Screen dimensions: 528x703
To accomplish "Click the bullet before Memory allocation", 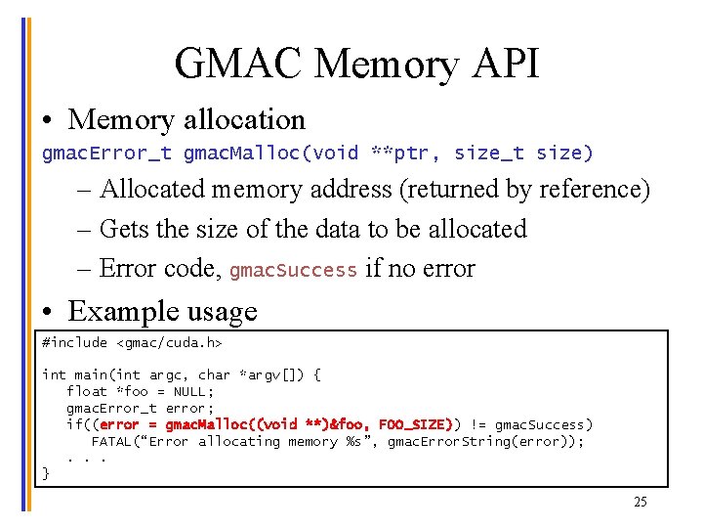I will pos(48,121).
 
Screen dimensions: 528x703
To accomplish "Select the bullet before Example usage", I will pos(48,313).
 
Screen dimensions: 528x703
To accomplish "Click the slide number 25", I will pos(640,502).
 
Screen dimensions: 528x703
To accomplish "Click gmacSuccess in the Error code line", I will pos(293,270).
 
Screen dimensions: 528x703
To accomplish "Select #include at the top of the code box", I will pos(75,343).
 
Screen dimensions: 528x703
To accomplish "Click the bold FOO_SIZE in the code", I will pos(415,424).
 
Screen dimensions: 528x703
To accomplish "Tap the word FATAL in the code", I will pos(111,441).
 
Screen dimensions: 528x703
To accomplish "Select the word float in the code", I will pos(86,391).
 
